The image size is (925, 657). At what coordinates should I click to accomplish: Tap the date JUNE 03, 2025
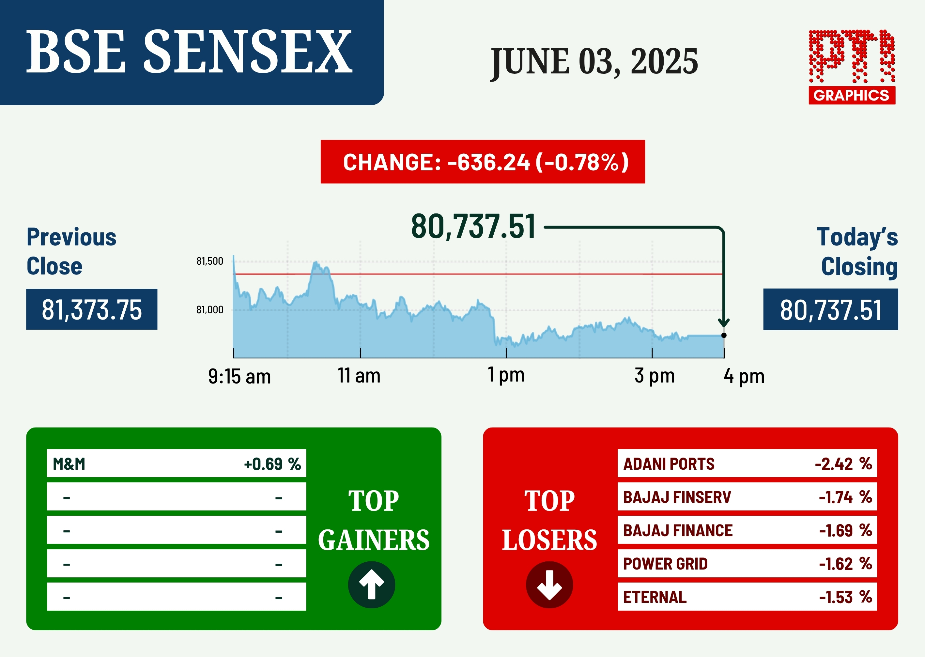tap(594, 62)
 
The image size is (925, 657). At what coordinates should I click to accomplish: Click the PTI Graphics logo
tap(852, 67)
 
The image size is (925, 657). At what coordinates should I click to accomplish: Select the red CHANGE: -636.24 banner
tap(483, 162)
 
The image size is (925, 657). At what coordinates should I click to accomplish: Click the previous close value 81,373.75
tap(92, 309)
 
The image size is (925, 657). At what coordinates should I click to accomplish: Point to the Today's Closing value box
tap(831, 309)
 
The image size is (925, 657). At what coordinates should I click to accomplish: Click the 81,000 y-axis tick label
tap(209, 310)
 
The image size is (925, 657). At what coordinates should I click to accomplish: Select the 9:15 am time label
tap(239, 377)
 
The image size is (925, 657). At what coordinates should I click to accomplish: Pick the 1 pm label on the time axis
tap(506, 375)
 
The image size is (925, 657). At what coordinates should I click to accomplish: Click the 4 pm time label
tap(744, 377)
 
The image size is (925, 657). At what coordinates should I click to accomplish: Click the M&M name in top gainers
tap(69, 464)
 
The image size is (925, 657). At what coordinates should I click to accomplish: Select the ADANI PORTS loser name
tap(669, 464)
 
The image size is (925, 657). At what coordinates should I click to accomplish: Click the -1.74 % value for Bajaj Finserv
tap(845, 497)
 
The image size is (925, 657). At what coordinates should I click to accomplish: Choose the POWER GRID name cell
tap(665, 564)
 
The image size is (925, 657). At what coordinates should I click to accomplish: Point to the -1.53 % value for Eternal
tap(846, 597)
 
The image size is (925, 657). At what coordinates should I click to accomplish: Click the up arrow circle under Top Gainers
tap(372, 585)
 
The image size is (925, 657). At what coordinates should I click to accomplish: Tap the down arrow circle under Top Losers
tap(549, 585)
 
